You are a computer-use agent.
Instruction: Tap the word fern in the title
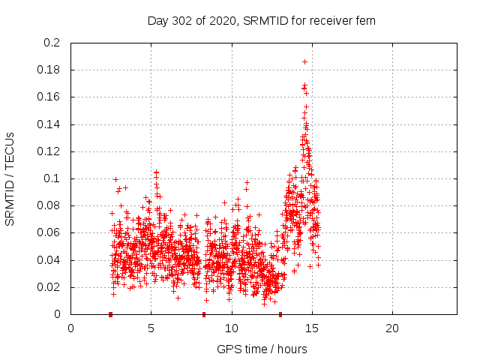click(x=364, y=21)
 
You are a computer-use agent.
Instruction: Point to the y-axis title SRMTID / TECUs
click(x=10, y=178)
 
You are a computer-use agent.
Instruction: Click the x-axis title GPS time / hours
click(x=262, y=349)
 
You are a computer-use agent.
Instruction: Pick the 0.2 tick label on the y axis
click(x=52, y=43)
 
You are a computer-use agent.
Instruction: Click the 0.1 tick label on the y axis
click(x=52, y=178)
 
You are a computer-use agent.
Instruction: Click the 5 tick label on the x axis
click(x=151, y=328)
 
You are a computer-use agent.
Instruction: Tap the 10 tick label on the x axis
click(x=232, y=328)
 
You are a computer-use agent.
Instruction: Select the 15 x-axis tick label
click(x=312, y=328)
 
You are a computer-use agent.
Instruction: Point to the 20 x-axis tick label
click(x=392, y=328)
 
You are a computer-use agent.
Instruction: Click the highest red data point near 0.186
click(x=304, y=61)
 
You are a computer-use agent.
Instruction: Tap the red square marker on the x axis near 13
click(x=280, y=314)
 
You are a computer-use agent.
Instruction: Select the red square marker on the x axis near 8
click(x=204, y=314)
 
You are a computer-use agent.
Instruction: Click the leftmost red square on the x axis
click(x=111, y=314)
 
